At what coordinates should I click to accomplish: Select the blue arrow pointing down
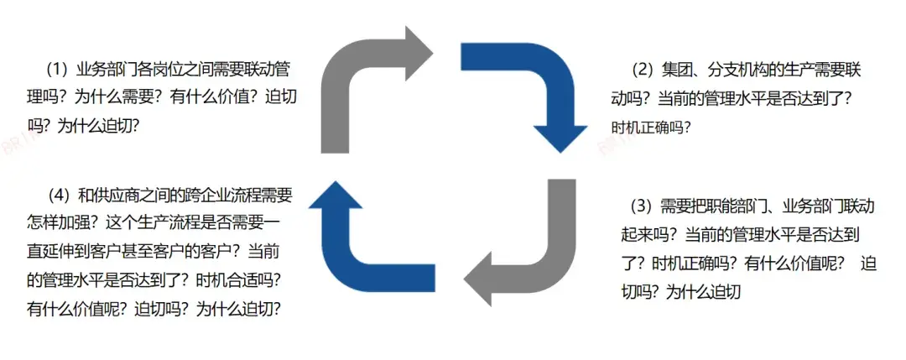[537, 84]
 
